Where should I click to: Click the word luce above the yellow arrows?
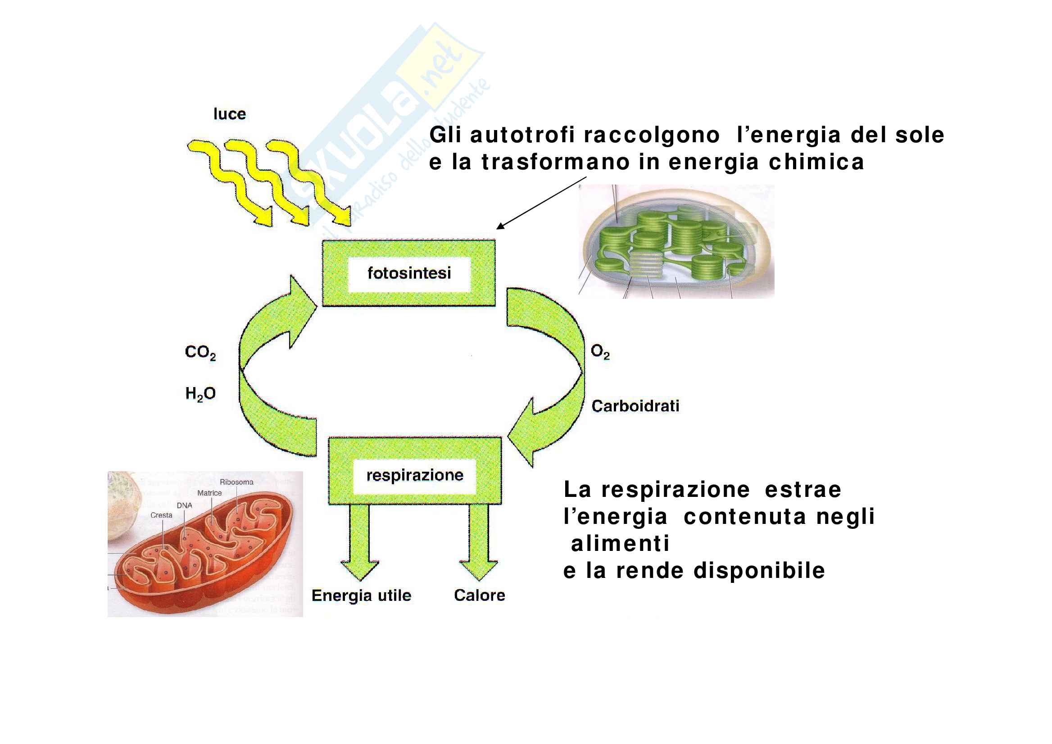point(230,113)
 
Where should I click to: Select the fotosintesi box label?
point(409,273)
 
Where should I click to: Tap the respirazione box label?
point(415,475)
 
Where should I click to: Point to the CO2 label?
point(200,352)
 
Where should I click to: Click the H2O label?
point(200,393)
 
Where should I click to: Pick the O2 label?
point(600,352)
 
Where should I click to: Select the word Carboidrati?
point(635,406)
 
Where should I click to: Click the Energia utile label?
point(361,595)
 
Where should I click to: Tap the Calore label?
point(480,595)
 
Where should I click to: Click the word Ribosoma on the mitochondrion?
point(236,482)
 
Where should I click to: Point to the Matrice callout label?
point(209,493)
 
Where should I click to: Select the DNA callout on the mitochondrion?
point(184,505)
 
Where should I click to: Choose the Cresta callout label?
point(161,515)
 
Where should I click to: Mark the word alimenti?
point(620,544)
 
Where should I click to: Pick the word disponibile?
point(759,571)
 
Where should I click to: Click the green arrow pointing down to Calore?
point(479,542)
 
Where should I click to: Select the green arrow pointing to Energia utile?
point(359,542)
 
